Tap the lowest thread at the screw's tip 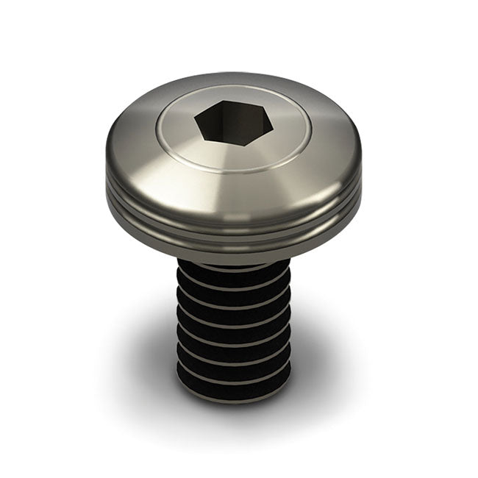pyautogui.click(x=234, y=390)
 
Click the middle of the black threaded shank pyautogui.click(x=234, y=331)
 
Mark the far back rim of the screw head pyautogui.click(x=234, y=75)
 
